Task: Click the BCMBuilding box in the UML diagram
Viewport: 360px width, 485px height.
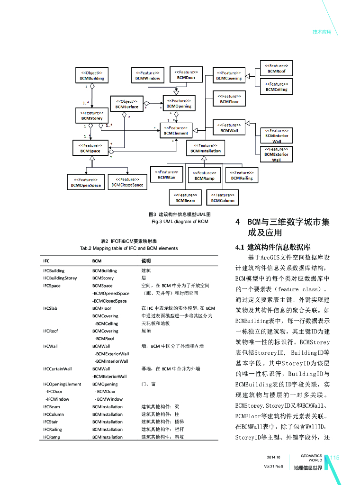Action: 92,76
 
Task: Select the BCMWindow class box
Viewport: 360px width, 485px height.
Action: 147,76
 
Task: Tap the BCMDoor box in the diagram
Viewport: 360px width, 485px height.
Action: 186,75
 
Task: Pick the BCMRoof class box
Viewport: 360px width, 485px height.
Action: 276,68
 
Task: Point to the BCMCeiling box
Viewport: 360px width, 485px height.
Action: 276,87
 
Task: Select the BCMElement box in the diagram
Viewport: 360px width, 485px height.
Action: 176,131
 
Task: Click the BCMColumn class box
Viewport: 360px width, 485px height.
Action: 223,198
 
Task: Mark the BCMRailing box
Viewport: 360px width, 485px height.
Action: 242,175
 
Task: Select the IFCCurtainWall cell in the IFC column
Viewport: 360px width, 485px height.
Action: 57,368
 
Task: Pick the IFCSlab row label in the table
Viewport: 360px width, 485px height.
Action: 50,308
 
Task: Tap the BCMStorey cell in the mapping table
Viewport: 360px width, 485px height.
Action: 103,278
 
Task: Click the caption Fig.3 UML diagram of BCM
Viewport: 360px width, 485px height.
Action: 180,221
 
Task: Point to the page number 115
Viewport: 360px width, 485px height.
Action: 335,458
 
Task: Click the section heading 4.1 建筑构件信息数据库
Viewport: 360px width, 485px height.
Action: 272,247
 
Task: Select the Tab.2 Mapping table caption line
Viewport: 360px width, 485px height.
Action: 129,248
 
